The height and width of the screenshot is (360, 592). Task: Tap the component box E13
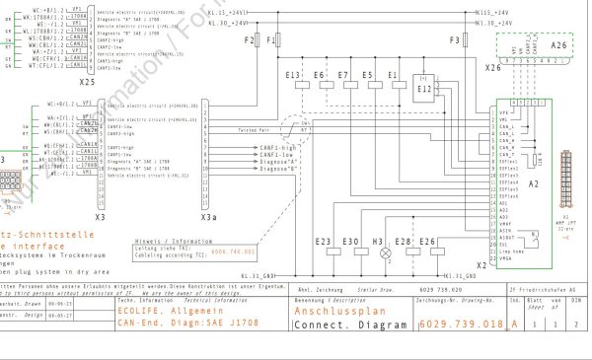click(293, 75)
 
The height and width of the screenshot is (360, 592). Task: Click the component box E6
click(319, 75)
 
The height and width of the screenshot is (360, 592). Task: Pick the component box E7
click(343, 75)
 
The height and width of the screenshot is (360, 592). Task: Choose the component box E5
click(367, 75)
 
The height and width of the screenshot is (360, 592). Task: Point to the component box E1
click(393, 75)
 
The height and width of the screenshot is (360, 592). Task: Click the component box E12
click(425, 87)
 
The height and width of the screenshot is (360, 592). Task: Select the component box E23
click(324, 243)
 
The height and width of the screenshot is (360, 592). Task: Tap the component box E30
click(350, 243)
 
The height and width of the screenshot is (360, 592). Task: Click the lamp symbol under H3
click(377, 252)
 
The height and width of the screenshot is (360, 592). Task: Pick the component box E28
click(403, 243)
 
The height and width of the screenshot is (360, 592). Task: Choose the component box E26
click(427, 243)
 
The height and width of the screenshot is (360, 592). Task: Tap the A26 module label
click(559, 45)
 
